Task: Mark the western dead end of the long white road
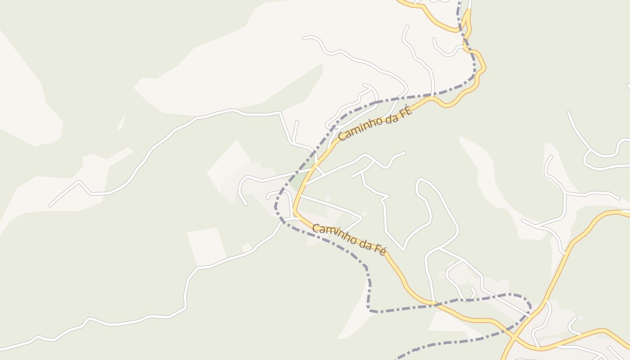pos(50,206)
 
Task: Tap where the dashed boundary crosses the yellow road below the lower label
pos(436,305)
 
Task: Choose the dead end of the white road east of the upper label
pos(405,153)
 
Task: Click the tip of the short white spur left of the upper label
pos(297,121)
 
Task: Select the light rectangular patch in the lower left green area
pos(206,246)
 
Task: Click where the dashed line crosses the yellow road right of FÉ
pos(431,96)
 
